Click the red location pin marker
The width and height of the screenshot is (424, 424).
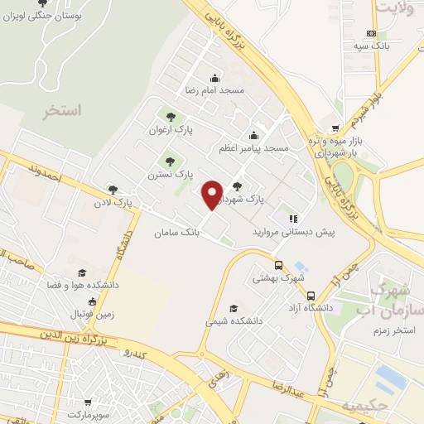[212, 194]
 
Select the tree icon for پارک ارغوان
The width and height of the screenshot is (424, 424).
[171, 117]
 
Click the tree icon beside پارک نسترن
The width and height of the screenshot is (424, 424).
[171, 161]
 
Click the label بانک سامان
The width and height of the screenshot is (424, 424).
[176, 234]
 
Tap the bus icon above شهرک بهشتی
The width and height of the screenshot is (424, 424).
[278, 266]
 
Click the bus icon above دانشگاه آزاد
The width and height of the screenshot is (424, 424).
[311, 296]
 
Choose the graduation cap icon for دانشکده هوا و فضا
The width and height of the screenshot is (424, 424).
[81, 272]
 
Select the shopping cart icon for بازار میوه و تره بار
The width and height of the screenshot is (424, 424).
[335, 128]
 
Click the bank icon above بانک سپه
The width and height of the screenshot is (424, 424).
[371, 33]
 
